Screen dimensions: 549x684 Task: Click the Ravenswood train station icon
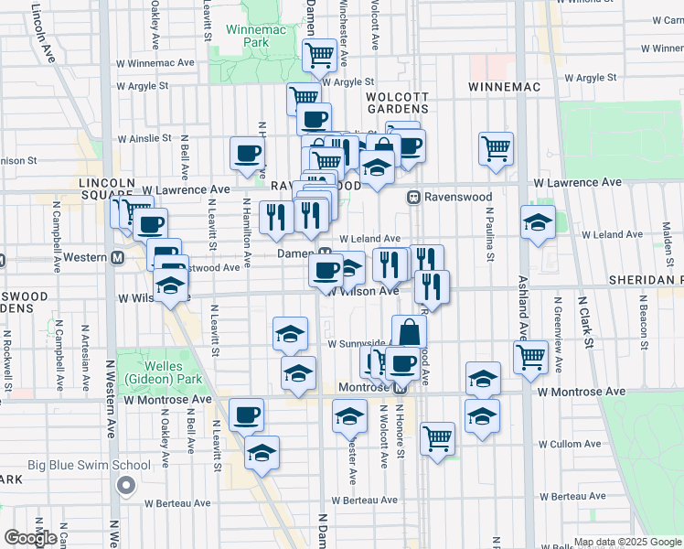point(413,197)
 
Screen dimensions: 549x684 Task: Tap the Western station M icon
point(117,258)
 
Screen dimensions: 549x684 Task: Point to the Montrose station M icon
point(400,388)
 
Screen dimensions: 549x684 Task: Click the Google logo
point(31,538)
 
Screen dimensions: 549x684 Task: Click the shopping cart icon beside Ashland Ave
point(530,356)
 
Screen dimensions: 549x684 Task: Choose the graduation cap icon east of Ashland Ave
point(538,222)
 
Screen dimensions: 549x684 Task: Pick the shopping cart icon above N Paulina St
point(495,147)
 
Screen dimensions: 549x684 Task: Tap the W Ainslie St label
point(143,139)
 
